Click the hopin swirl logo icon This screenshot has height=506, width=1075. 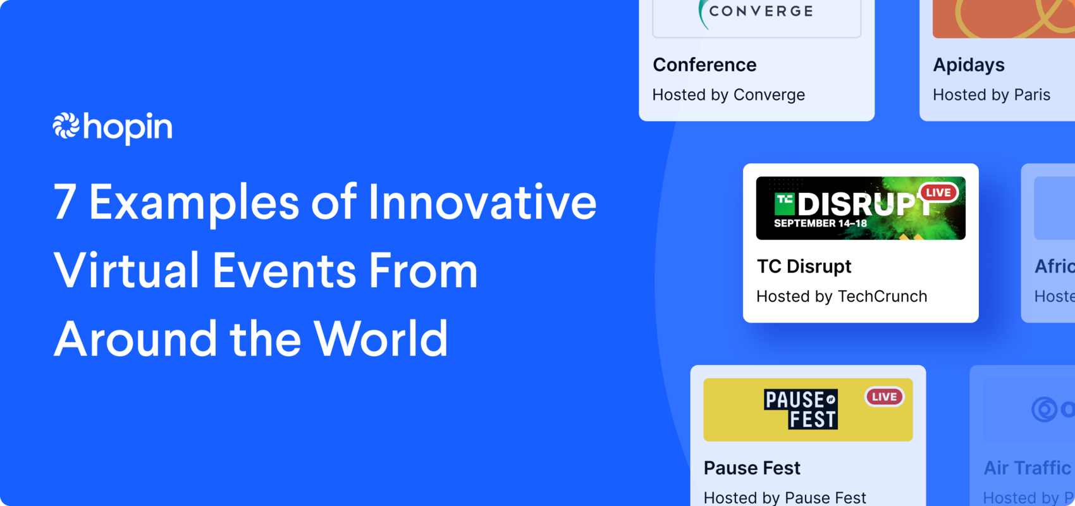coord(66,125)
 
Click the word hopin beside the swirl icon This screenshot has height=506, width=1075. coord(128,128)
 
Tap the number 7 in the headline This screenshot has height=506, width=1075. coord(64,202)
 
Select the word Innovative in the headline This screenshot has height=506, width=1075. coord(482,202)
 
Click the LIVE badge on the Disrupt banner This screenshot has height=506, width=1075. coord(938,192)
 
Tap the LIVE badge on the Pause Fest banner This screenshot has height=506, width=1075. coord(884,397)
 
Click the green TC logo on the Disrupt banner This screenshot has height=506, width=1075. coord(785,204)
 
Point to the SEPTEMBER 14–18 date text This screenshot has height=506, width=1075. coord(820,223)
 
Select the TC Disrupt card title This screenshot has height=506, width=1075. coord(804,266)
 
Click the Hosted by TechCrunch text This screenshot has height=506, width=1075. coord(842,296)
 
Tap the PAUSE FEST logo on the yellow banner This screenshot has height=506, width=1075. coord(801,409)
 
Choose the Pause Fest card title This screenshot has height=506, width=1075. coord(752,468)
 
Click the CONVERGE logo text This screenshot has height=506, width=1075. coord(761,11)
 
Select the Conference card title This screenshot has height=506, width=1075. coord(704,65)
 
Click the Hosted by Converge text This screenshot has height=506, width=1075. coord(728,95)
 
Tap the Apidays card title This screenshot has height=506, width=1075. coord(969,65)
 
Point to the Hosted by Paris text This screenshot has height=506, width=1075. coord(992,95)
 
